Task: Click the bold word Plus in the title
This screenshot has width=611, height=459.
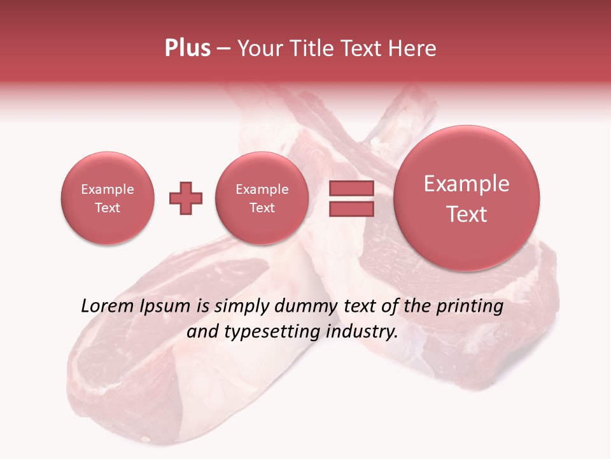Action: point(187,48)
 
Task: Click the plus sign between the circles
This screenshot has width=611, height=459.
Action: point(185,198)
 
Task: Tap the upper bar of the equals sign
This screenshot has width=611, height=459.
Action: point(351,189)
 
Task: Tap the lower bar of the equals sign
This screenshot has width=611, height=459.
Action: point(351,209)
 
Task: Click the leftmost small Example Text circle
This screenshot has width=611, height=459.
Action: point(108,198)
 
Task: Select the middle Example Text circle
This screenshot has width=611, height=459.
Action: point(262,198)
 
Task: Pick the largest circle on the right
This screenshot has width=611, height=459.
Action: point(467,198)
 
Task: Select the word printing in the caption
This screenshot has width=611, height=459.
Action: point(469,307)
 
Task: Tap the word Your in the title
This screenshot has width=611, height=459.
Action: point(258,48)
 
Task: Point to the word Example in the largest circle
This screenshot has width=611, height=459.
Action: point(467,184)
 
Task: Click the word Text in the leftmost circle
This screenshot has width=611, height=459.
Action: point(108,208)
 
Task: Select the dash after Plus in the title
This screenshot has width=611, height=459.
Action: point(223,48)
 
